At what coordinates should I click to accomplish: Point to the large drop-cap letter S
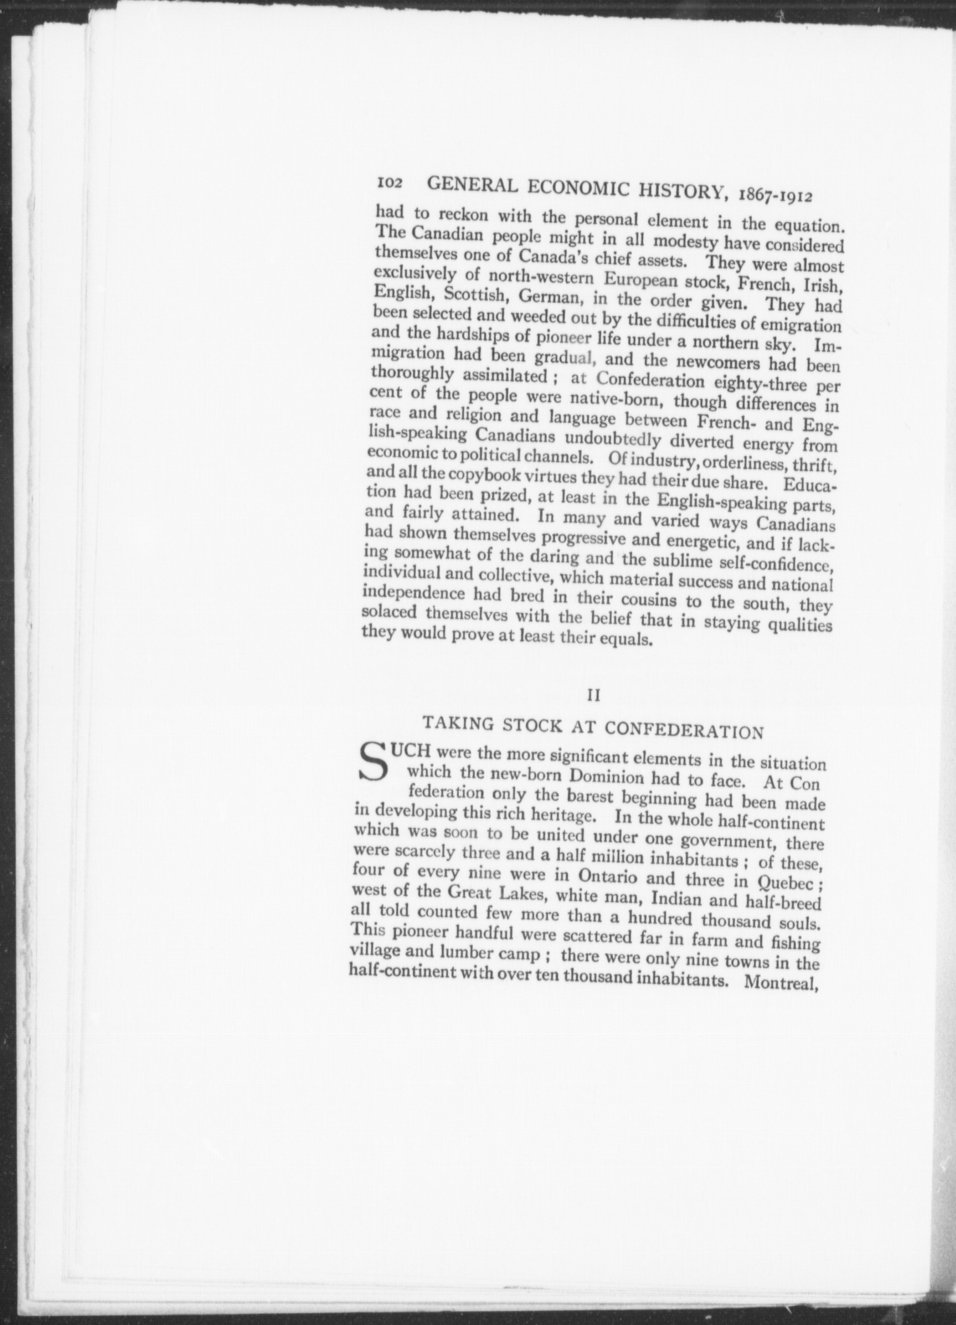[x=375, y=765]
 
